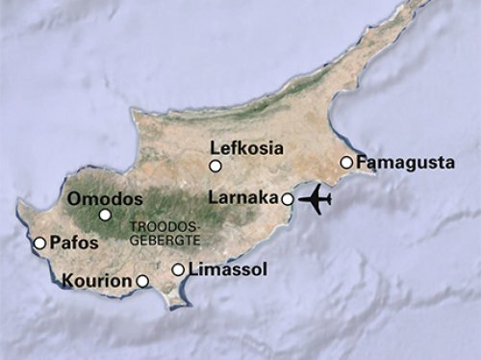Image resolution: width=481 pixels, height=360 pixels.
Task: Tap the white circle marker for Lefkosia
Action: click(215, 167)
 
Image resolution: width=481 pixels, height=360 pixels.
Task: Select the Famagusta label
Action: click(405, 163)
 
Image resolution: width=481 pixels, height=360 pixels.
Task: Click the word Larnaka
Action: click(243, 198)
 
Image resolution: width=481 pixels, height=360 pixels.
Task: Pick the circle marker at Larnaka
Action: click(287, 199)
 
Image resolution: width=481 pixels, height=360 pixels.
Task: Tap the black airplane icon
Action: click(316, 199)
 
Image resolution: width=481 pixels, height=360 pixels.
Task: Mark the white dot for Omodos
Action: click(105, 216)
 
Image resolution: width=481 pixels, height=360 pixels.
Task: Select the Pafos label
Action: click(74, 244)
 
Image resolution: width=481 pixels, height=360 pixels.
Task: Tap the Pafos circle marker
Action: click(39, 244)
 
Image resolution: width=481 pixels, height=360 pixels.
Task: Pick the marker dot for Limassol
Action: click(178, 270)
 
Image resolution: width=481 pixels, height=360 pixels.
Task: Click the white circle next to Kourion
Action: click(142, 281)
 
